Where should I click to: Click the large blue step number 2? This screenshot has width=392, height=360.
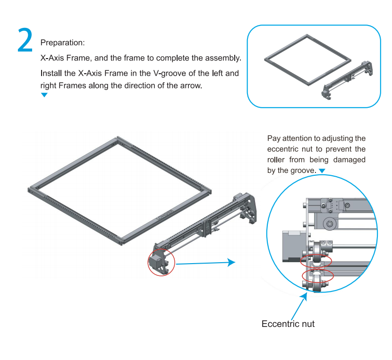point(25,40)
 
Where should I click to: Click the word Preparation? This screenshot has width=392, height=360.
point(62,43)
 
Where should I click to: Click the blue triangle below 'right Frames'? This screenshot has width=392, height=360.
point(44,95)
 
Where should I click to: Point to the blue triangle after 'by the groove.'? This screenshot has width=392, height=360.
point(322,171)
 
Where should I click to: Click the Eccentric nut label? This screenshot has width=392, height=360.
point(288,324)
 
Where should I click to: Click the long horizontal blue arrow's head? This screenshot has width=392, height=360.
point(231,262)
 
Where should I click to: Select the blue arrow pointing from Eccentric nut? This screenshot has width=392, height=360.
point(299,306)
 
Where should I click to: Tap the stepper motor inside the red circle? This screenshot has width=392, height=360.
point(154,261)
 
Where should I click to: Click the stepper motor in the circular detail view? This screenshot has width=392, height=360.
point(294,246)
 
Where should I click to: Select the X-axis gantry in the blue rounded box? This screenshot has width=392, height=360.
point(347,80)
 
